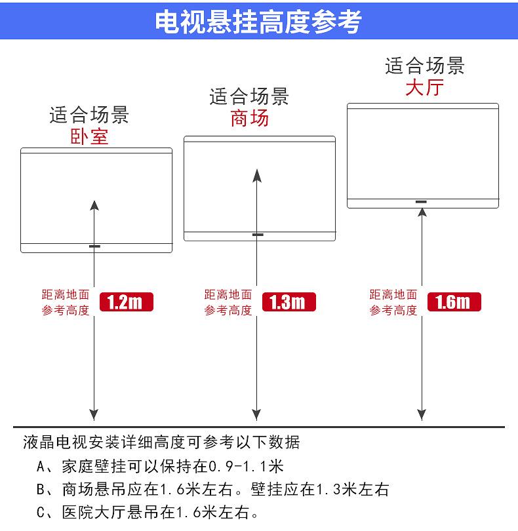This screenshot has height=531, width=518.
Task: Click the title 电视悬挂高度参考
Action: [258, 21]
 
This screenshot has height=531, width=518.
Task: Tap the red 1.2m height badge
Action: [126, 302]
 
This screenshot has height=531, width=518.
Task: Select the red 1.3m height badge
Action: [289, 302]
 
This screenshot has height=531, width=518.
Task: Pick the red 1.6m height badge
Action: [454, 302]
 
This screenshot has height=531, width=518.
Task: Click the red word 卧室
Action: [89, 136]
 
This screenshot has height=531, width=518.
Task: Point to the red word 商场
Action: [249, 119]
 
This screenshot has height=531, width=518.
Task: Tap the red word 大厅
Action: [424, 87]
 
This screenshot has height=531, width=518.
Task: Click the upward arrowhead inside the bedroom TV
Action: [94, 205]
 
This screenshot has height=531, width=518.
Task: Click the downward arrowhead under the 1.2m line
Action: [94, 414]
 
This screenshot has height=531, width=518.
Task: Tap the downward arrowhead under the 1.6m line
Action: [421, 414]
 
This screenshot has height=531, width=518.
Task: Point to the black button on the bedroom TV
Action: [95, 246]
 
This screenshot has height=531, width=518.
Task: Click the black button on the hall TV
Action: [421, 201]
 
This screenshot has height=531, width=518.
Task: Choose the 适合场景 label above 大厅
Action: [424, 66]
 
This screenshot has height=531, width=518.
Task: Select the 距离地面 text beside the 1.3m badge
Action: [228, 295]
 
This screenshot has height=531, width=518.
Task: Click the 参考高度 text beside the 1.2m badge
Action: [66, 311]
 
